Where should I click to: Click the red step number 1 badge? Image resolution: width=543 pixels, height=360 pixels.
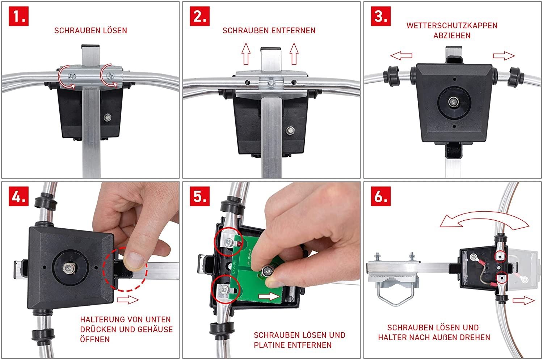(19, 16)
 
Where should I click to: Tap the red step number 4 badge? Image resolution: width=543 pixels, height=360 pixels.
(19, 196)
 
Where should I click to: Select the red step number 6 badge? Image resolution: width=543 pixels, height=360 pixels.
(381, 196)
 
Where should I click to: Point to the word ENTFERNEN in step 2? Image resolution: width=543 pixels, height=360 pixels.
(293, 30)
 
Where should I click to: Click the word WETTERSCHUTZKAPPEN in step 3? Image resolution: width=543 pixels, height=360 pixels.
(452, 25)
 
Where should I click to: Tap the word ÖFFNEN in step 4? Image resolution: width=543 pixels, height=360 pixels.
(95, 339)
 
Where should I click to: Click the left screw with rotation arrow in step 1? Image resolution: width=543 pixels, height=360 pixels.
(72, 77)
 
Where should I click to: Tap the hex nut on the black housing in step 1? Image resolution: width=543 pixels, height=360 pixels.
(108, 118)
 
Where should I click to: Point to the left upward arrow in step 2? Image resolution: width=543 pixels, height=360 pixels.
(246, 54)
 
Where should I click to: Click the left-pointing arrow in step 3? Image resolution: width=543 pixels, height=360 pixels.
(401, 56)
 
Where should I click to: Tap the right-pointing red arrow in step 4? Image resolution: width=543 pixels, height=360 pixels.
(128, 300)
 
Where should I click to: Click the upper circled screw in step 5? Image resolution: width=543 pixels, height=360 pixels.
(228, 242)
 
